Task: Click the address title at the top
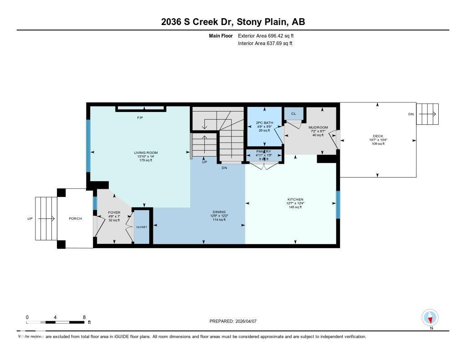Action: tap(233, 22)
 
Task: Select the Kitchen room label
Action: tap(295, 200)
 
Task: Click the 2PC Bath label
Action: tap(265, 123)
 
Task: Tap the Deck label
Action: tap(378, 136)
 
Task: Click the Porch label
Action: tap(75, 218)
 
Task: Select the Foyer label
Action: tap(114, 213)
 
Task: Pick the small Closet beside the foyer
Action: tap(142, 227)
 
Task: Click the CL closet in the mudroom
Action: tap(294, 114)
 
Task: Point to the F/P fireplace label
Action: tap(140, 118)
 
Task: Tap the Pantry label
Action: tap(264, 152)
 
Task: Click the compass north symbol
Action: tap(430, 317)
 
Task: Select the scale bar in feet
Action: tap(55, 322)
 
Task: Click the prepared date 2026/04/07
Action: tap(233, 321)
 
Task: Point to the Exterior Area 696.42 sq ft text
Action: tap(269, 35)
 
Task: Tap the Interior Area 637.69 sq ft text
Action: tap(265, 44)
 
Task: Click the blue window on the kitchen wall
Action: tap(337, 204)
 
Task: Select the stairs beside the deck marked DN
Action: tap(428, 114)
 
